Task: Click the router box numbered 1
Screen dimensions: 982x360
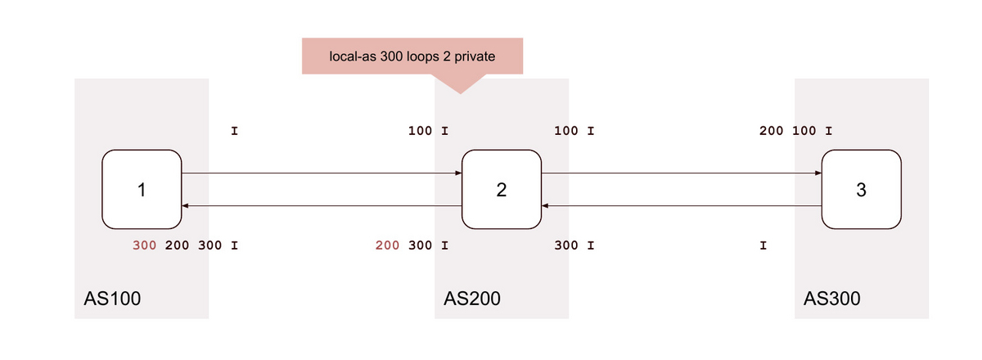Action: [142, 190]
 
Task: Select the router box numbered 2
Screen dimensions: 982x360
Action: [502, 190]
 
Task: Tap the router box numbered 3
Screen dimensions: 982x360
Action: [862, 190]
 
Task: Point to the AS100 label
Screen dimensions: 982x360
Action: [112, 299]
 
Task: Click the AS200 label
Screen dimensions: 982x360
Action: [472, 299]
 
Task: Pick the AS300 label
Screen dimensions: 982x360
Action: [831, 299]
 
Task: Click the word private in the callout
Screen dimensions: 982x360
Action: [475, 56]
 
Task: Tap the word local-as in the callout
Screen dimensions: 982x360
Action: [353, 56]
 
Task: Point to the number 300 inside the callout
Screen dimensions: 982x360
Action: [391, 56]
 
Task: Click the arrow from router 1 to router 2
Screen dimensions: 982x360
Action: [322, 173]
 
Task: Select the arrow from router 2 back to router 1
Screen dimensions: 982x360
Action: [322, 205]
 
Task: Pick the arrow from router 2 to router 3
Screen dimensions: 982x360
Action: [682, 173]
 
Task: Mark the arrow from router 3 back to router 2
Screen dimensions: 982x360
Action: [682, 205]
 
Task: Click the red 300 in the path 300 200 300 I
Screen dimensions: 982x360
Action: [145, 245]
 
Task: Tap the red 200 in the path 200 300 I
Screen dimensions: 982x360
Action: [388, 245]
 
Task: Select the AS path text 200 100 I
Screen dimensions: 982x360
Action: [795, 131]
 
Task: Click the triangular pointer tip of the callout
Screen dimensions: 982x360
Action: [460, 93]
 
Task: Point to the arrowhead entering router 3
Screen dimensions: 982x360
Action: [818, 173]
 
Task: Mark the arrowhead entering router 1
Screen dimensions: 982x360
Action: [186, 205]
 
